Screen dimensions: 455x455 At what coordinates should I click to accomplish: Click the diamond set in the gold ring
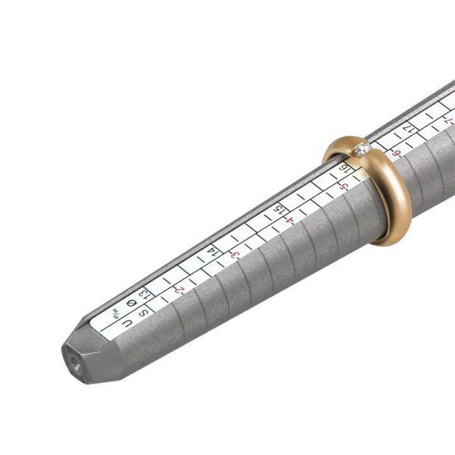[x=363, y=150]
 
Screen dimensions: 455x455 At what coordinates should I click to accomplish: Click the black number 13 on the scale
[x=144, y=290]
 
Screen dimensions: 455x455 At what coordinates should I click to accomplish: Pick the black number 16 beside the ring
[x=346, y=168]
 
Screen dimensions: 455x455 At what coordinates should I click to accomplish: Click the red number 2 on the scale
[x=180, y=290]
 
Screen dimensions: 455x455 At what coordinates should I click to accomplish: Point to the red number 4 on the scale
[x=290, y=221]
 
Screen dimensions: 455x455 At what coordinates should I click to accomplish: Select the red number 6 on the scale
[x=396, y=154]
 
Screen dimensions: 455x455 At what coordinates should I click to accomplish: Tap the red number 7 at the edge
[x=447, y=121]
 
